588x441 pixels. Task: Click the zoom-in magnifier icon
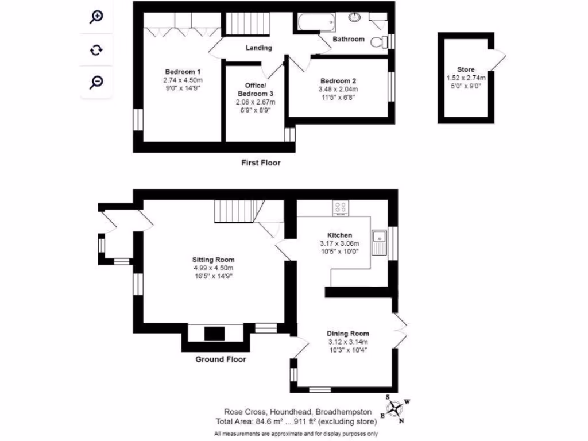(96, 17)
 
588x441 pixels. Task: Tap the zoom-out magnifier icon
(96, 82)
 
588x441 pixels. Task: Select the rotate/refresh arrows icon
(96, 50)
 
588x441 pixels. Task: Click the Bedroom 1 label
(183, 72)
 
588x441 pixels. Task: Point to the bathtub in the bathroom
(316, 22)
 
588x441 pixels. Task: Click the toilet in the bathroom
(379, 42)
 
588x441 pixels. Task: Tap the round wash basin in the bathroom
(354, 17)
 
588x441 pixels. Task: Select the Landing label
(259, 48)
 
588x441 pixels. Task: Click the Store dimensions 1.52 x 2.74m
(466, 78)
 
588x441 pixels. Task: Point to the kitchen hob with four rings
(341, 208)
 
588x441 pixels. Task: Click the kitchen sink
(379, 242)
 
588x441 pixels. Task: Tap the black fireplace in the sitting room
(215, 334)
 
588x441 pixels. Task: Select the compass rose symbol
(395, 409)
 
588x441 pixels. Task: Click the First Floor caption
(261, 163)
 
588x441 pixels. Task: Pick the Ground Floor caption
(220, 359)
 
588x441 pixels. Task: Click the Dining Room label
(348, 334)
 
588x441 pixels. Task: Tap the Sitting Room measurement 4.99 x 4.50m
(214, 268)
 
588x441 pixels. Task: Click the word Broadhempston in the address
(344, 412)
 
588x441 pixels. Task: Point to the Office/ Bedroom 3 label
(256, 89)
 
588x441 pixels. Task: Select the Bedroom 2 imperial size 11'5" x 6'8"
(338, 98)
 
